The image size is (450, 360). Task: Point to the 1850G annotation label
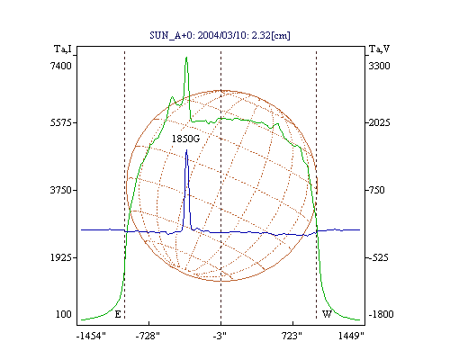click(185, 139)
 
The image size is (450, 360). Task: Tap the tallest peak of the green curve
click(186, 57)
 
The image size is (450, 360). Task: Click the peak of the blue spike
click(186, 149)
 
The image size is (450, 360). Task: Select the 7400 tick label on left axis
click(60, 66)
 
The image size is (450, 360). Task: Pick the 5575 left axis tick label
click(60, 122)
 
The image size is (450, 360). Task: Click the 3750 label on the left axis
click(60, 190)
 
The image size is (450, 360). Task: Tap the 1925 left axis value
click(60, 257)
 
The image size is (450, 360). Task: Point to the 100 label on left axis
click(64, 314)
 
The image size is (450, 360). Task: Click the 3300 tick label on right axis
click(379, 66)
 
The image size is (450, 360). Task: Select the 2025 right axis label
click(379, 122)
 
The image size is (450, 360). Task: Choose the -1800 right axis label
click(381, 314)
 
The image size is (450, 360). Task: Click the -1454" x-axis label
click(91, 336)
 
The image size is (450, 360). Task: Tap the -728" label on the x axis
click(148, 336)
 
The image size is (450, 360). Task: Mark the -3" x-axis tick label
click(220, 336)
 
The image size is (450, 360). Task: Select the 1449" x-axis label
click(351, 336)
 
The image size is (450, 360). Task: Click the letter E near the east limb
click(118, 314)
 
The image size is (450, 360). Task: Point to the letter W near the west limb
click(327, 314)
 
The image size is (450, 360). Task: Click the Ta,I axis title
click(63, 49)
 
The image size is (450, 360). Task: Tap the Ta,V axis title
click(380, 49)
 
